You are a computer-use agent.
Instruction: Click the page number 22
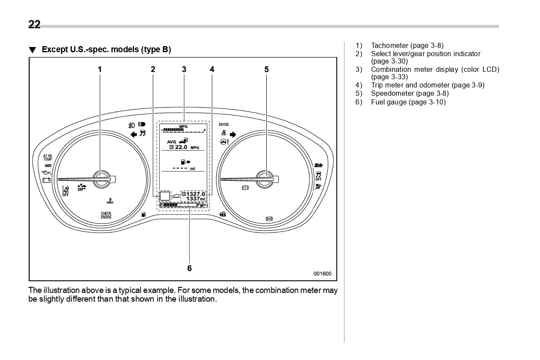tap(34, 25)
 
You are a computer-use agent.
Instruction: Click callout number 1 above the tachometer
tap(100, 69)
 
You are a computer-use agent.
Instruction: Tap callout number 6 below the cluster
tap(189, 268)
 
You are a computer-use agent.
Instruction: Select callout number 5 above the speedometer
tap(266, 69)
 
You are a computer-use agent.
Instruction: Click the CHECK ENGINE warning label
tap(106, 215)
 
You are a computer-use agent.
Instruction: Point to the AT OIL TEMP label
tap(47, 158)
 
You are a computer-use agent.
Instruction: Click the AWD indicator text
tap(47, 166)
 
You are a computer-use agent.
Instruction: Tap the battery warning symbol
tap(47, 180)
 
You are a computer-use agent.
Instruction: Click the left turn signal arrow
tap(134, 134)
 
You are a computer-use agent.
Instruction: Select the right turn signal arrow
tap(233, 134)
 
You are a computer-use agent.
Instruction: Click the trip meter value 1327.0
tap(195, 194)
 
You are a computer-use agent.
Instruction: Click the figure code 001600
tap(322, 274)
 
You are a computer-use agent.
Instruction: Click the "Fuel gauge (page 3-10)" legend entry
tap(408, 102)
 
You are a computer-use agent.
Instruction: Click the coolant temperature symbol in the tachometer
tap(109, 202)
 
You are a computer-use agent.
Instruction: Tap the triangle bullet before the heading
tap(32, 50)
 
